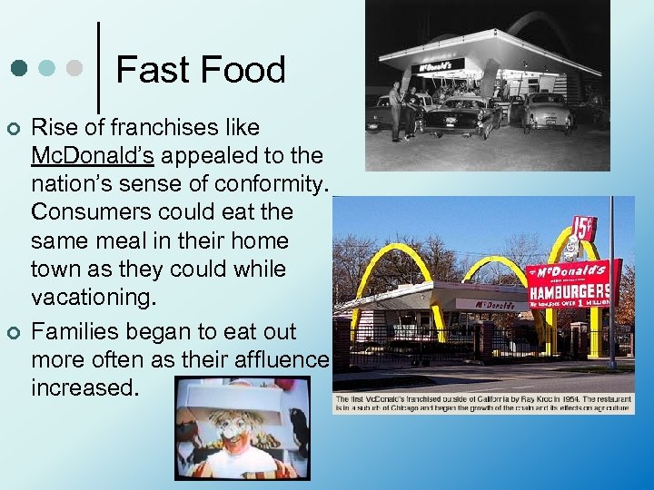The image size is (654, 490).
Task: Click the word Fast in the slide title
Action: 148,70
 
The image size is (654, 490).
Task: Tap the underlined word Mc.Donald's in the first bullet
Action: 92,155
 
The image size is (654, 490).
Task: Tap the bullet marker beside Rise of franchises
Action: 14,127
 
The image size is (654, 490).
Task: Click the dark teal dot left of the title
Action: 19,68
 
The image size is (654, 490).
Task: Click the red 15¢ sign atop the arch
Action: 583,226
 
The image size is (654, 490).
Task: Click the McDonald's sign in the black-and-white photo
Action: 440,66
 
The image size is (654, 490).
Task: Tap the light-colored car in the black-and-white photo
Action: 544,111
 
